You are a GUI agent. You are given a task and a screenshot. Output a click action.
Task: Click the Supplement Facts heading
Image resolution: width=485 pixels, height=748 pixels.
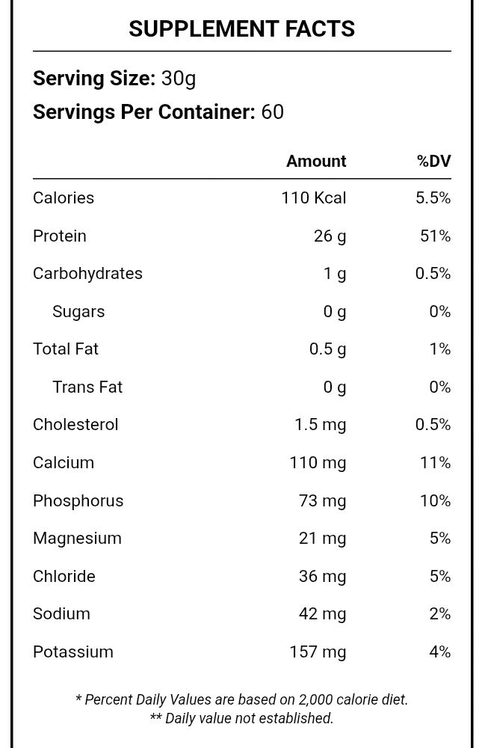241,28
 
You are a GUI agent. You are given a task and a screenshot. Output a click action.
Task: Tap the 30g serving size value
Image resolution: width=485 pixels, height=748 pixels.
179,79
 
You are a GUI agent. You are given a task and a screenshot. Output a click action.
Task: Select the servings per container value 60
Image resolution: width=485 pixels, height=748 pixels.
272,112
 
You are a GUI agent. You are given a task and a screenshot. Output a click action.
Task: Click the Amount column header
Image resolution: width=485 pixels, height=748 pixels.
316,162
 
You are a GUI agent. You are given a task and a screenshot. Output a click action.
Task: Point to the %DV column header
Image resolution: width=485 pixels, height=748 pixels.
433,162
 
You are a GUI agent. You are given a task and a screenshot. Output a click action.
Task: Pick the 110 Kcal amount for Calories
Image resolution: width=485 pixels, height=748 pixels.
313,198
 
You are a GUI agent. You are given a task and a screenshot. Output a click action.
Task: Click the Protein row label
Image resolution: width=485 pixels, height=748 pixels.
60,236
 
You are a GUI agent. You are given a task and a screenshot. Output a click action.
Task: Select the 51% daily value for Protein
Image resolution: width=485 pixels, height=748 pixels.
435,236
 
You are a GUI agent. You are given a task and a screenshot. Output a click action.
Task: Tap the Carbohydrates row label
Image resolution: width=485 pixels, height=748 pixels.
87,274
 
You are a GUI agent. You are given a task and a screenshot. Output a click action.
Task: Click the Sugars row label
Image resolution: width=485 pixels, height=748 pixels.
78,311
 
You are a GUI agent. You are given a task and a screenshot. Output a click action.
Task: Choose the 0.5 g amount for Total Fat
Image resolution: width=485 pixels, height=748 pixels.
327,349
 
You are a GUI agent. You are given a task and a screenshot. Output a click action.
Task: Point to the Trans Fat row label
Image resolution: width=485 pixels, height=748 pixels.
87,387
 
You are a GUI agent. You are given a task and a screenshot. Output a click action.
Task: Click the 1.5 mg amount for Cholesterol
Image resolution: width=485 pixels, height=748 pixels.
320,425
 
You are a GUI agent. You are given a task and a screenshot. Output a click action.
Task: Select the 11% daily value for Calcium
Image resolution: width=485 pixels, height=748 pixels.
435,463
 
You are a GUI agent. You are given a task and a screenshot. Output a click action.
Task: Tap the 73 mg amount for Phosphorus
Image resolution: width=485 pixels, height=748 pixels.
322,500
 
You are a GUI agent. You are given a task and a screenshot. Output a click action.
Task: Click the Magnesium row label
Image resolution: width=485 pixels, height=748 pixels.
77,539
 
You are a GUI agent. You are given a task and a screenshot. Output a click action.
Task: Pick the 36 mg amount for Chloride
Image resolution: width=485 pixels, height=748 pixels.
322,576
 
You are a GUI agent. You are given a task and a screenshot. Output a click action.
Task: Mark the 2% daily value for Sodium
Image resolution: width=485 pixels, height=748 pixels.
439,614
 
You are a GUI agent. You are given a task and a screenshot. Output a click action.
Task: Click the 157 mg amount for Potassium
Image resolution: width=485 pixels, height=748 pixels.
318,652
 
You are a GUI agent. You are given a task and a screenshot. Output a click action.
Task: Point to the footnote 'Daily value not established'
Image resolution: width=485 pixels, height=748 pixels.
241,718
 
